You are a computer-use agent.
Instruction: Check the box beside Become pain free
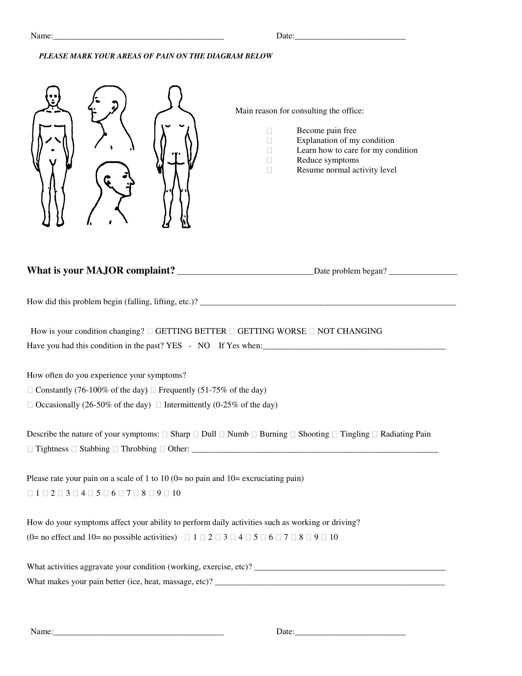coord(269,131)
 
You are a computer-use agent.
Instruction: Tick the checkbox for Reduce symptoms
coord(269,160)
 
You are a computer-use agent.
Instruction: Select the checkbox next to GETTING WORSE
coord(232,331)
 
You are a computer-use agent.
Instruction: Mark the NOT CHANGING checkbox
coord(312,331)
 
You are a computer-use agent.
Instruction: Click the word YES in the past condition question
coord(174,346)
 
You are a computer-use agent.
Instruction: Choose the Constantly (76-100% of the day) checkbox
coord(30,390)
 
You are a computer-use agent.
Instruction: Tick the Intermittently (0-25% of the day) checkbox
coord(158,405)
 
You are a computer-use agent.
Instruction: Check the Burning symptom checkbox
coord(254,434)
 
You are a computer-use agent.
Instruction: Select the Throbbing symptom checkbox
coord(115,449)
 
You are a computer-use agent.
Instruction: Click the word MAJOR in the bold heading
coord(105,270)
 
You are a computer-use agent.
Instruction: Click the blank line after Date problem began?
coord(423,272)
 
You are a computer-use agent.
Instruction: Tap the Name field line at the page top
coord(138,37)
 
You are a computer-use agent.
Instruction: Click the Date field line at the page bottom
coord(350,632)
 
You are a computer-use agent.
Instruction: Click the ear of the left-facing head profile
coord(115,105)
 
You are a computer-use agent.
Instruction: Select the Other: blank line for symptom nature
coord(315,450)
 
